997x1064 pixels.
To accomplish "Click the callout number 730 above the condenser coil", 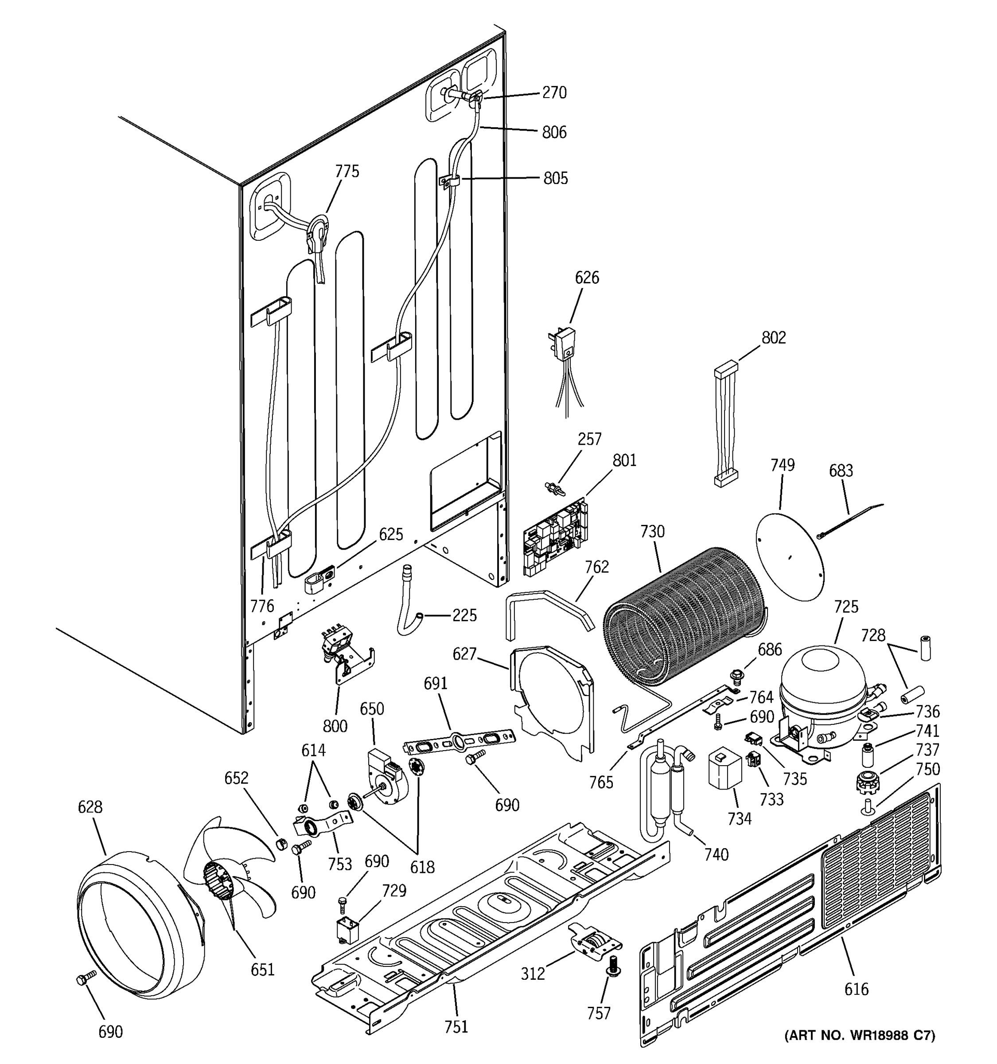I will click(x=652, y=532).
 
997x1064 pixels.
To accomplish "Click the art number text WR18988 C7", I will click(x=860, y=1035).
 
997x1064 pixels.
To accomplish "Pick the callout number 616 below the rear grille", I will click(x=856, y=989).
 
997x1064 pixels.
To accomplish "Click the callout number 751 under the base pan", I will click(x=456, y=1026).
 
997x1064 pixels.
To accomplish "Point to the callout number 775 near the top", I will click(x=347, y=171).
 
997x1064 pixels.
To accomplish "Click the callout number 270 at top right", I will click(x=554, y=93).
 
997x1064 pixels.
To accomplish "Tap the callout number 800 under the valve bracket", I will click(x=335, y=726).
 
